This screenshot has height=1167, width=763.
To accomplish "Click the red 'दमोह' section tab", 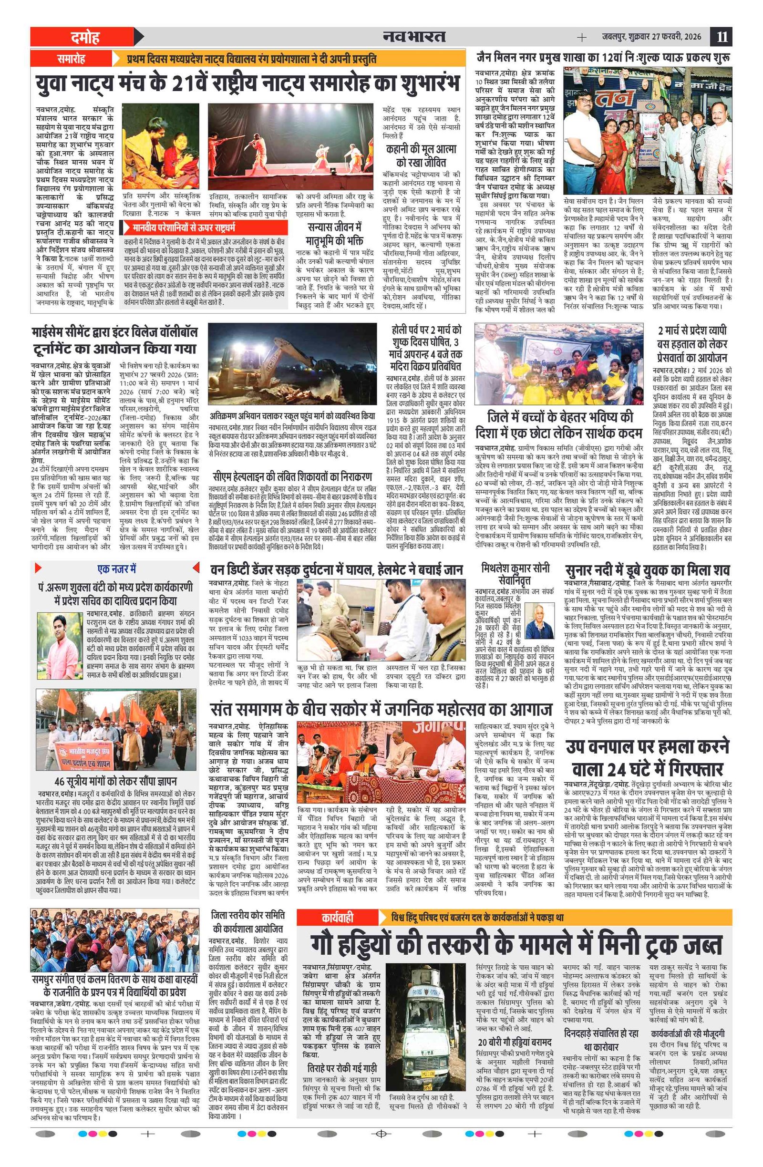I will (84, 37).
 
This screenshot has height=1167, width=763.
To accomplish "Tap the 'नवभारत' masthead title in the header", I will (414, 37).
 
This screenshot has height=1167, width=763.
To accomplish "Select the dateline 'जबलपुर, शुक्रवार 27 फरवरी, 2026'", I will (651, 37).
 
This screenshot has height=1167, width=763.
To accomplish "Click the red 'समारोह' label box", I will (71, 59).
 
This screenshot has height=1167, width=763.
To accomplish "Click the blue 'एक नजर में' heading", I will (117, 569).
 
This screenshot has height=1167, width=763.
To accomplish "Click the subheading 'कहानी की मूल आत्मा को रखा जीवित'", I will (421, 155).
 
